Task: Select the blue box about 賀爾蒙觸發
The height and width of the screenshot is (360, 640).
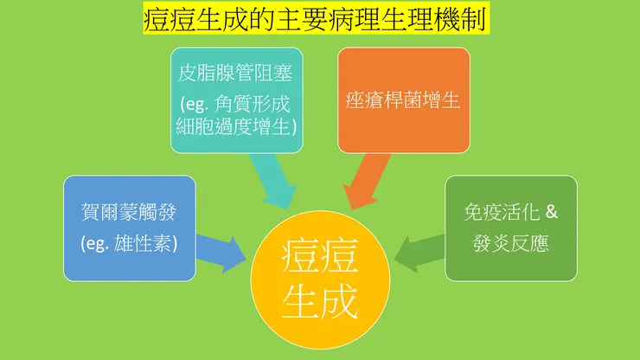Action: [130, 227]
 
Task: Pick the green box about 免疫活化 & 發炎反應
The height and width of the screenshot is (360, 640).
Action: [510, 228]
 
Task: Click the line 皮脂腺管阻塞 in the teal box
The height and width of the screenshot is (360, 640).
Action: [236, 74]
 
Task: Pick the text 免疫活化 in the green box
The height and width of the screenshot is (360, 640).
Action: [500, 212]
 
